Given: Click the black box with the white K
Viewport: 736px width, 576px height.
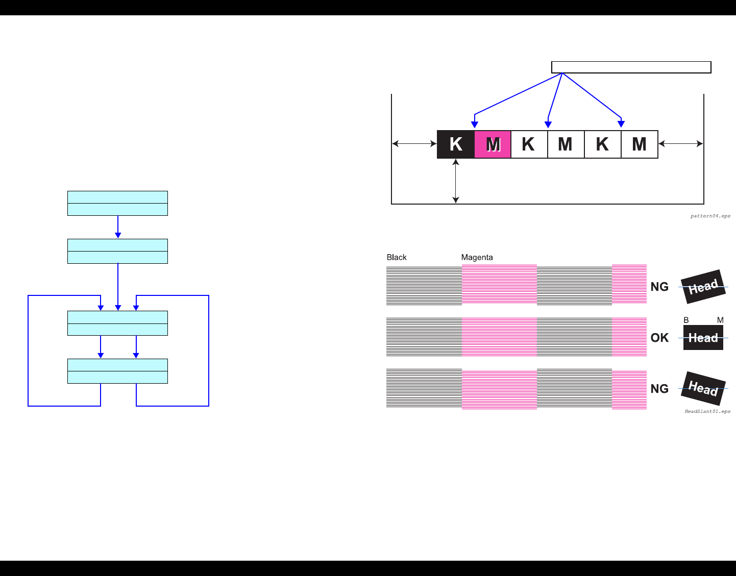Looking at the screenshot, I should (456, 144).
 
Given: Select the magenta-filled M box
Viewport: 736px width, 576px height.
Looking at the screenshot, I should (493, 144).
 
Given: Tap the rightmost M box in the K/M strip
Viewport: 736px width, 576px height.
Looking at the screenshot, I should (639, 144).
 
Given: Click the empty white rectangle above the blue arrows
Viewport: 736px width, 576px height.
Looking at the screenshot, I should (631, 67).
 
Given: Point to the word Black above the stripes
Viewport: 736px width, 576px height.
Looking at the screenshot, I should (397, 257).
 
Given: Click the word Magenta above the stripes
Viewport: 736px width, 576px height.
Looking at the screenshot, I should (477, 257).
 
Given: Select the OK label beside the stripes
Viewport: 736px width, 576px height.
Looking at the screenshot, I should (659, 338).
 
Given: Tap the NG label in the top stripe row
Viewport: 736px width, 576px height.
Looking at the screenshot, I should (659, 287).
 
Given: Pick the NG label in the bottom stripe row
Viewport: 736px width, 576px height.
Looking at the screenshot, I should (659, 389).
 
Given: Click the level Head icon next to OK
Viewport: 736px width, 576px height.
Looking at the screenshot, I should (703, 338).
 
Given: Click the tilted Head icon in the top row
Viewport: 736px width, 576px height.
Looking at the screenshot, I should (703, 287).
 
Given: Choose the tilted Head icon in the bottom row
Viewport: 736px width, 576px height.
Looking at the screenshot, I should (703, 389).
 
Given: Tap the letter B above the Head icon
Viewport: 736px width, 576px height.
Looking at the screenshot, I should (686, 320).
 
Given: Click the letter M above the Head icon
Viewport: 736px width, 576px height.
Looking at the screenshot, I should (720, 320).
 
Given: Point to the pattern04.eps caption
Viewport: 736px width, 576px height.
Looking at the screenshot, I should (710, 216).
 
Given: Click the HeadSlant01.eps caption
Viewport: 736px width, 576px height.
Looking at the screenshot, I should (707, 411).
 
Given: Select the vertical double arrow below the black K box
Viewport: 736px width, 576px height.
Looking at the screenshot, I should (456, 181).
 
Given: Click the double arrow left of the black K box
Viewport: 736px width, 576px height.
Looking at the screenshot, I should (414, 144).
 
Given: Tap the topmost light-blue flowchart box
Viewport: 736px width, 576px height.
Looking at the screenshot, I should (117, 203).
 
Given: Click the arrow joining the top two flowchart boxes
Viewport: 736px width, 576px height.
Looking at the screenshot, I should (118, 227).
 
